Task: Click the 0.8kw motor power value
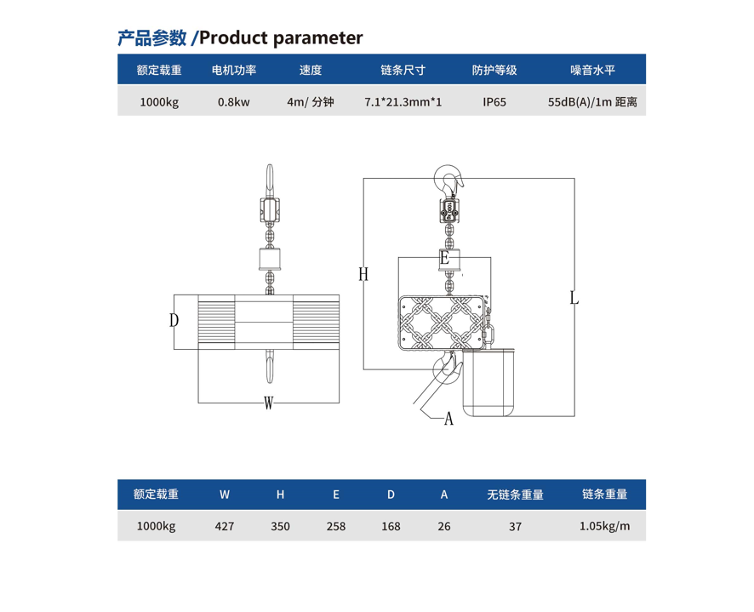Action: [234, 102]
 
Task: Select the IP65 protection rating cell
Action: [494, 102]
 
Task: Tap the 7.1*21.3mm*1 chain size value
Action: [403, 102]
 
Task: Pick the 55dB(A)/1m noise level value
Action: [592, 102]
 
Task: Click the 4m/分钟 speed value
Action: [311, 102]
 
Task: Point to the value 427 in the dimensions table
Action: [225, 526]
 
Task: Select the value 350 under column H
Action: [280, 526]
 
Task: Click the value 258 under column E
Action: [336, 526]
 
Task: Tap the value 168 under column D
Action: [391, 526]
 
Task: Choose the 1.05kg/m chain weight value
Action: [604, 526]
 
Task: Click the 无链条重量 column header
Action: [515, 495]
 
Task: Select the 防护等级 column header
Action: [494, 71]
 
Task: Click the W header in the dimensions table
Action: [225, 495]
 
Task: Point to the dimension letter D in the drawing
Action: [174, 320]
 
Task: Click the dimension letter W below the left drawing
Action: [268, 403]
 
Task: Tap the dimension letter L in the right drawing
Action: [574, 298]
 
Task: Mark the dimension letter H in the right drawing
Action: [363, 274]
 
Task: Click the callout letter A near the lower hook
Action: [448, 419]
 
